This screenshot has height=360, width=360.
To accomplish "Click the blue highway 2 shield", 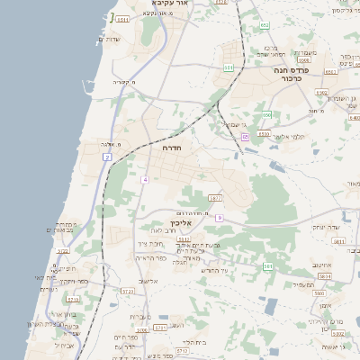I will pyautogui.click(x=106, y=157).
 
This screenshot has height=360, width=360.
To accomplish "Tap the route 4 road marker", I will pyautogui.click(x=144, y=180).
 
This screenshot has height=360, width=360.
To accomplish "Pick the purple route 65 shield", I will pyautogui.click(x=245, y=137).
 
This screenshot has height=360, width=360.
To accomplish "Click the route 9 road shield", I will pyautogui.click(x=219, y=218).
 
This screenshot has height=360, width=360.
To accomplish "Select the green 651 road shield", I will pyautogui.click(x=229, y=67).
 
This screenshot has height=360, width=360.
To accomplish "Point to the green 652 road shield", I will pyautogui.click(x=265, y=25).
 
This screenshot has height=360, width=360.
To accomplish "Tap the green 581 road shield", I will pyautogui.click(x=267, y=266).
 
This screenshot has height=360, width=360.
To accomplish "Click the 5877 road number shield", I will pyautogui.click(x=214, y=197).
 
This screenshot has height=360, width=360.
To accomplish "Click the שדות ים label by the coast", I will pyautogui.click(x=108, y=39).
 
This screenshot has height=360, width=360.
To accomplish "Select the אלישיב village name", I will pyautogui.click(x=148, y=281).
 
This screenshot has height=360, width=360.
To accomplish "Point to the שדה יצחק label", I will pyautogui.click(x=323, y=227).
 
